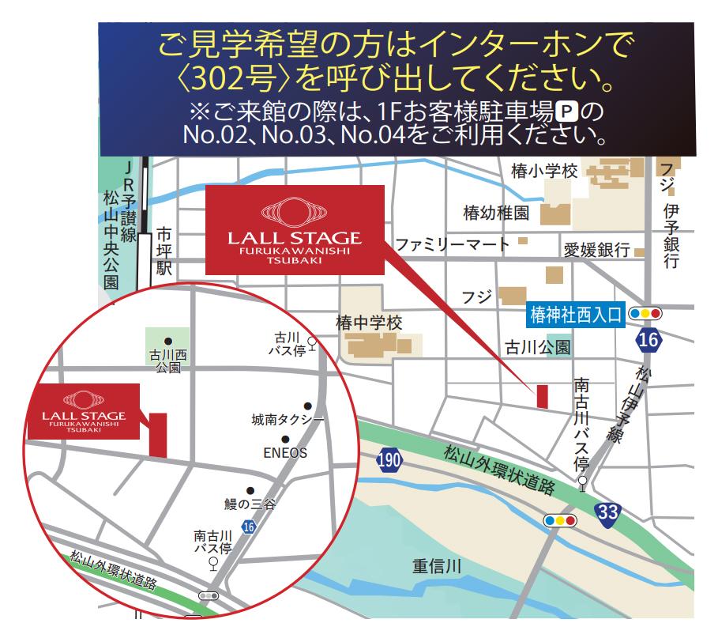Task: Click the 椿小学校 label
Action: click(x=545, y=172)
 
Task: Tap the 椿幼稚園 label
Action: click(x=496, y=213)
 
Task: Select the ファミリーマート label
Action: click(x=453, y=244)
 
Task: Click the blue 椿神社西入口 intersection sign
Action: click(x=576, y=314)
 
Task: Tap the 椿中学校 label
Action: click(x=369, y=323)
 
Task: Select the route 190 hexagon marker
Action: click(x=389, y=460)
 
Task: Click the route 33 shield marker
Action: click(x=607, y=512)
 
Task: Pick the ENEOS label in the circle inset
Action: click(x=284, y=453)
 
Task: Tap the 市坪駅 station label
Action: click(x=164, y=251)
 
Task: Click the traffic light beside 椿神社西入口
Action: click(x=646, y=314)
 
